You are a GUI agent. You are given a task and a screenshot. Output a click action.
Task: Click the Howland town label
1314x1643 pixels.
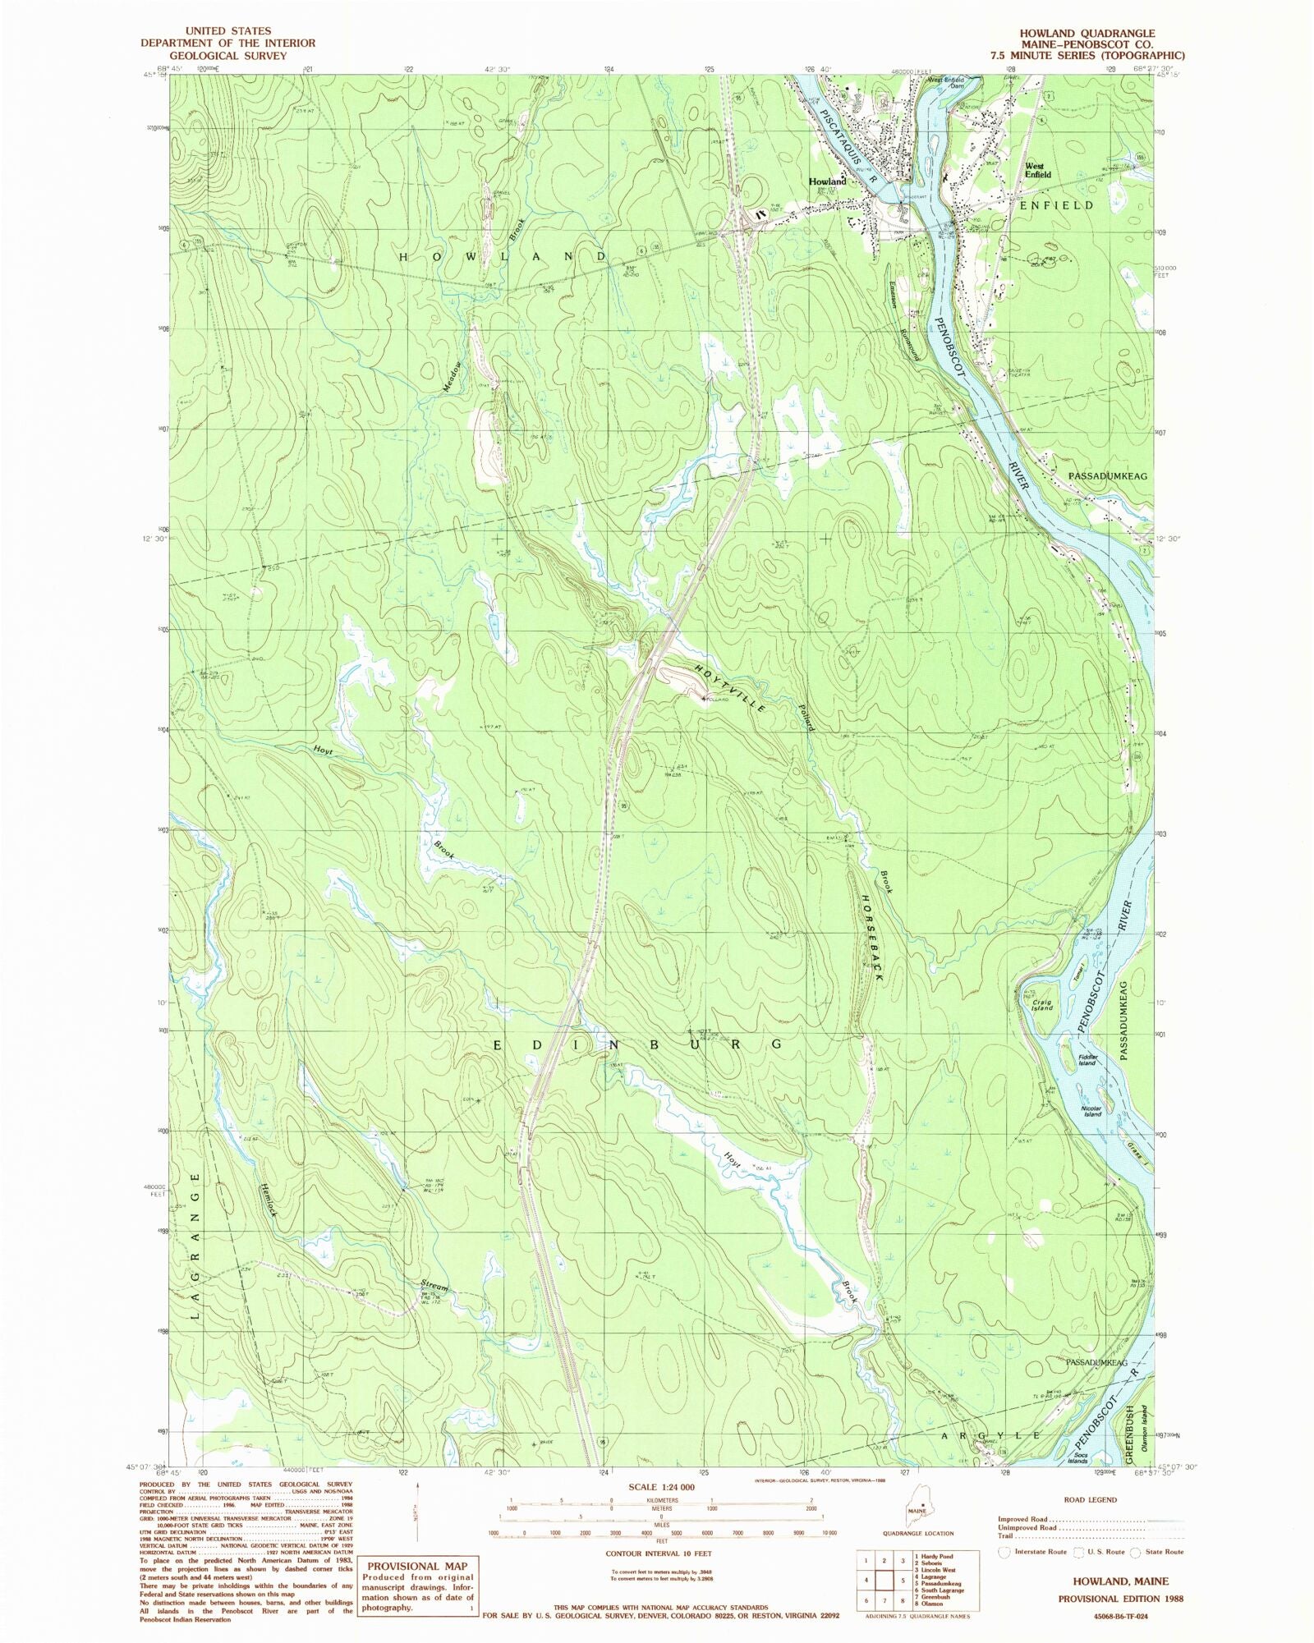tap(827, 181)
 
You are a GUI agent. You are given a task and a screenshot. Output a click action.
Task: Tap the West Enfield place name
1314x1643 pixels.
tap(1037, 170)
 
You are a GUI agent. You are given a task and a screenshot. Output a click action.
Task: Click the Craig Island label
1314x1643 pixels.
tap(1042, 1005)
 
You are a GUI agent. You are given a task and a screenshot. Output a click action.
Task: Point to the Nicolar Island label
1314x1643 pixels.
tap(1091, 1111)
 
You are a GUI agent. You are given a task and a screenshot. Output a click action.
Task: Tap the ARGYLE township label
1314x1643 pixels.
tap(990, 1435)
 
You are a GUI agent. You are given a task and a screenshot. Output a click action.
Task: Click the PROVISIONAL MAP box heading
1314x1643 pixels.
tap(416, 1566)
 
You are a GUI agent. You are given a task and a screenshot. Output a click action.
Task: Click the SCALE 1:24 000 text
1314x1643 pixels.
tap(661, 1487)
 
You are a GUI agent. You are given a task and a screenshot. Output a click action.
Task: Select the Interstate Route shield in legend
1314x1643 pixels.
tap(1004, 1552)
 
